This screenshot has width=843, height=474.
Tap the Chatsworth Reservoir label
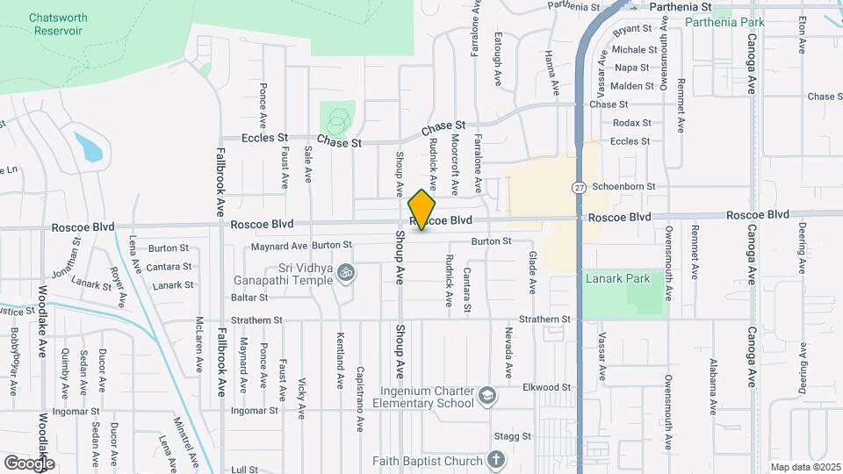(56, 24)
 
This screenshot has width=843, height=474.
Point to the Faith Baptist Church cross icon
(495, 461)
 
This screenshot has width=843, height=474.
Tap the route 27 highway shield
(580, 188)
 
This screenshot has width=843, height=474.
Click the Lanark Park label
(617, 279)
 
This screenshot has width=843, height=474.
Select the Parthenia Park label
(724, 22)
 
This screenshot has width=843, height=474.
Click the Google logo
(29, 463)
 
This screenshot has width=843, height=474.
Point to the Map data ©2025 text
(804, 467)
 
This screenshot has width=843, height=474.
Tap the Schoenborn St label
(623, 186)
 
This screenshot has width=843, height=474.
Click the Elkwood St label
(546, 387)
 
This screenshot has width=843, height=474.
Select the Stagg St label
(514, 436)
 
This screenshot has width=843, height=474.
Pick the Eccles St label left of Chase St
(265, 138)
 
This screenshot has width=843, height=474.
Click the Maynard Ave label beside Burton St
(278, 246)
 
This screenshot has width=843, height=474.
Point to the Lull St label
(244, 470)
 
